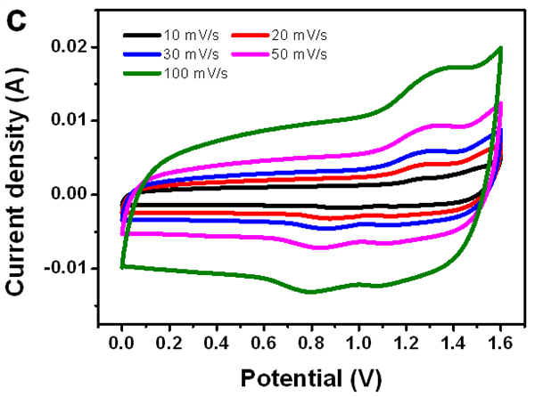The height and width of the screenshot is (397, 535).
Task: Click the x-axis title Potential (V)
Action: pos(310,377)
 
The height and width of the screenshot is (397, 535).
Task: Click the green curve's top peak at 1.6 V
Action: pos(501,48)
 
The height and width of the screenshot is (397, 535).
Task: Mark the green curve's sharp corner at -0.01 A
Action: pos(122,266)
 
